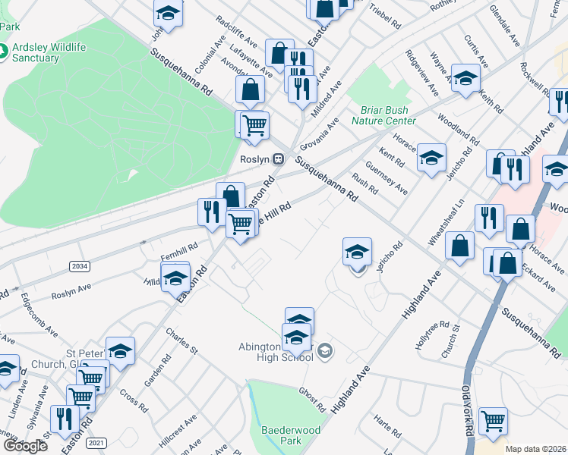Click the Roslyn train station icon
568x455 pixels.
(x=279, y=159)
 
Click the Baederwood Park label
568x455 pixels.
(x=282, y=435)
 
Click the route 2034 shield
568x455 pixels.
(x=78, y=266)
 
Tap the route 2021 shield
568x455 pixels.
(x=96, y=442)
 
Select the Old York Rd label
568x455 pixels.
(x=467, y=409)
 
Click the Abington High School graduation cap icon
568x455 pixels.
(x=325, y=350)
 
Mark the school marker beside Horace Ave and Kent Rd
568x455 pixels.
(x=431, y=158)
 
